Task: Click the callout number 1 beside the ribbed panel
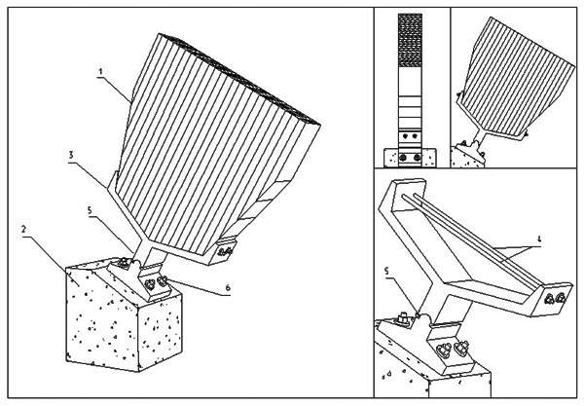coord(100,71)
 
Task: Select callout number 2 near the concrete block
coord(23,229)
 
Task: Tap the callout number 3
coord(71,155)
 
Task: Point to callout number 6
coord(228,287)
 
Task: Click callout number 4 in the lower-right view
coord(539,240)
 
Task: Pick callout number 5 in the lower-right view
coord(386,272)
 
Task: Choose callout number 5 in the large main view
coord(90,210)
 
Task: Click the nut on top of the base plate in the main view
coord(123,263)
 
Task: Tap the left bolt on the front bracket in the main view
coord(149,285)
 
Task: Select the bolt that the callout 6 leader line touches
coord(163,281)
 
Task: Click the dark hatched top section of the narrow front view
coord(410,40)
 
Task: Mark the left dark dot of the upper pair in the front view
coord(406,136)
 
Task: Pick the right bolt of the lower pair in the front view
coord(418,158)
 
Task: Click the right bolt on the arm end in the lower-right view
coord(561,298)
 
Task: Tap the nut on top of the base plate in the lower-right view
coord(404,318)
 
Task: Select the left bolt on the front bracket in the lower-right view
coord(444,350)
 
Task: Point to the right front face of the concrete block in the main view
coord(161,331)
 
